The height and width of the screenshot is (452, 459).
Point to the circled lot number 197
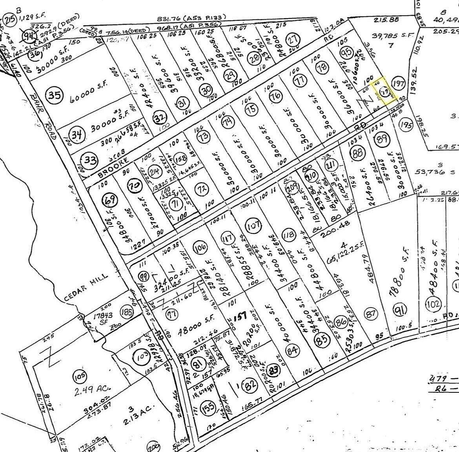pos(399,83)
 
